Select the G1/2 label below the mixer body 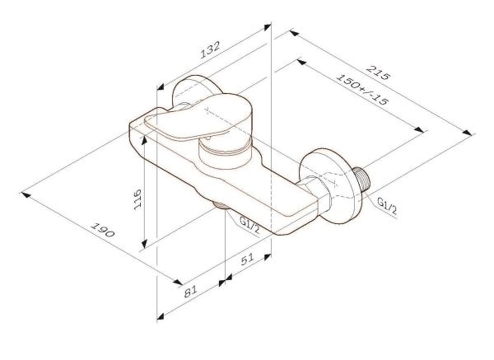coord(249,224)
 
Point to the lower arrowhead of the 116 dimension coord(144,244)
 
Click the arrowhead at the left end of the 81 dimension coord(160,316)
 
